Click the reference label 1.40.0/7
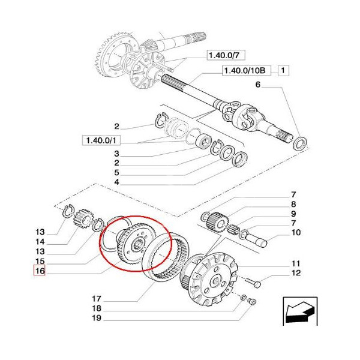223,55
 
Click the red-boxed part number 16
40,271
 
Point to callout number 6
258,85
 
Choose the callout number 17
97,298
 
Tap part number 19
97,320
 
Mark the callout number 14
40,242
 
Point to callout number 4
118,182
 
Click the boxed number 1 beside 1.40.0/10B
283,71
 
